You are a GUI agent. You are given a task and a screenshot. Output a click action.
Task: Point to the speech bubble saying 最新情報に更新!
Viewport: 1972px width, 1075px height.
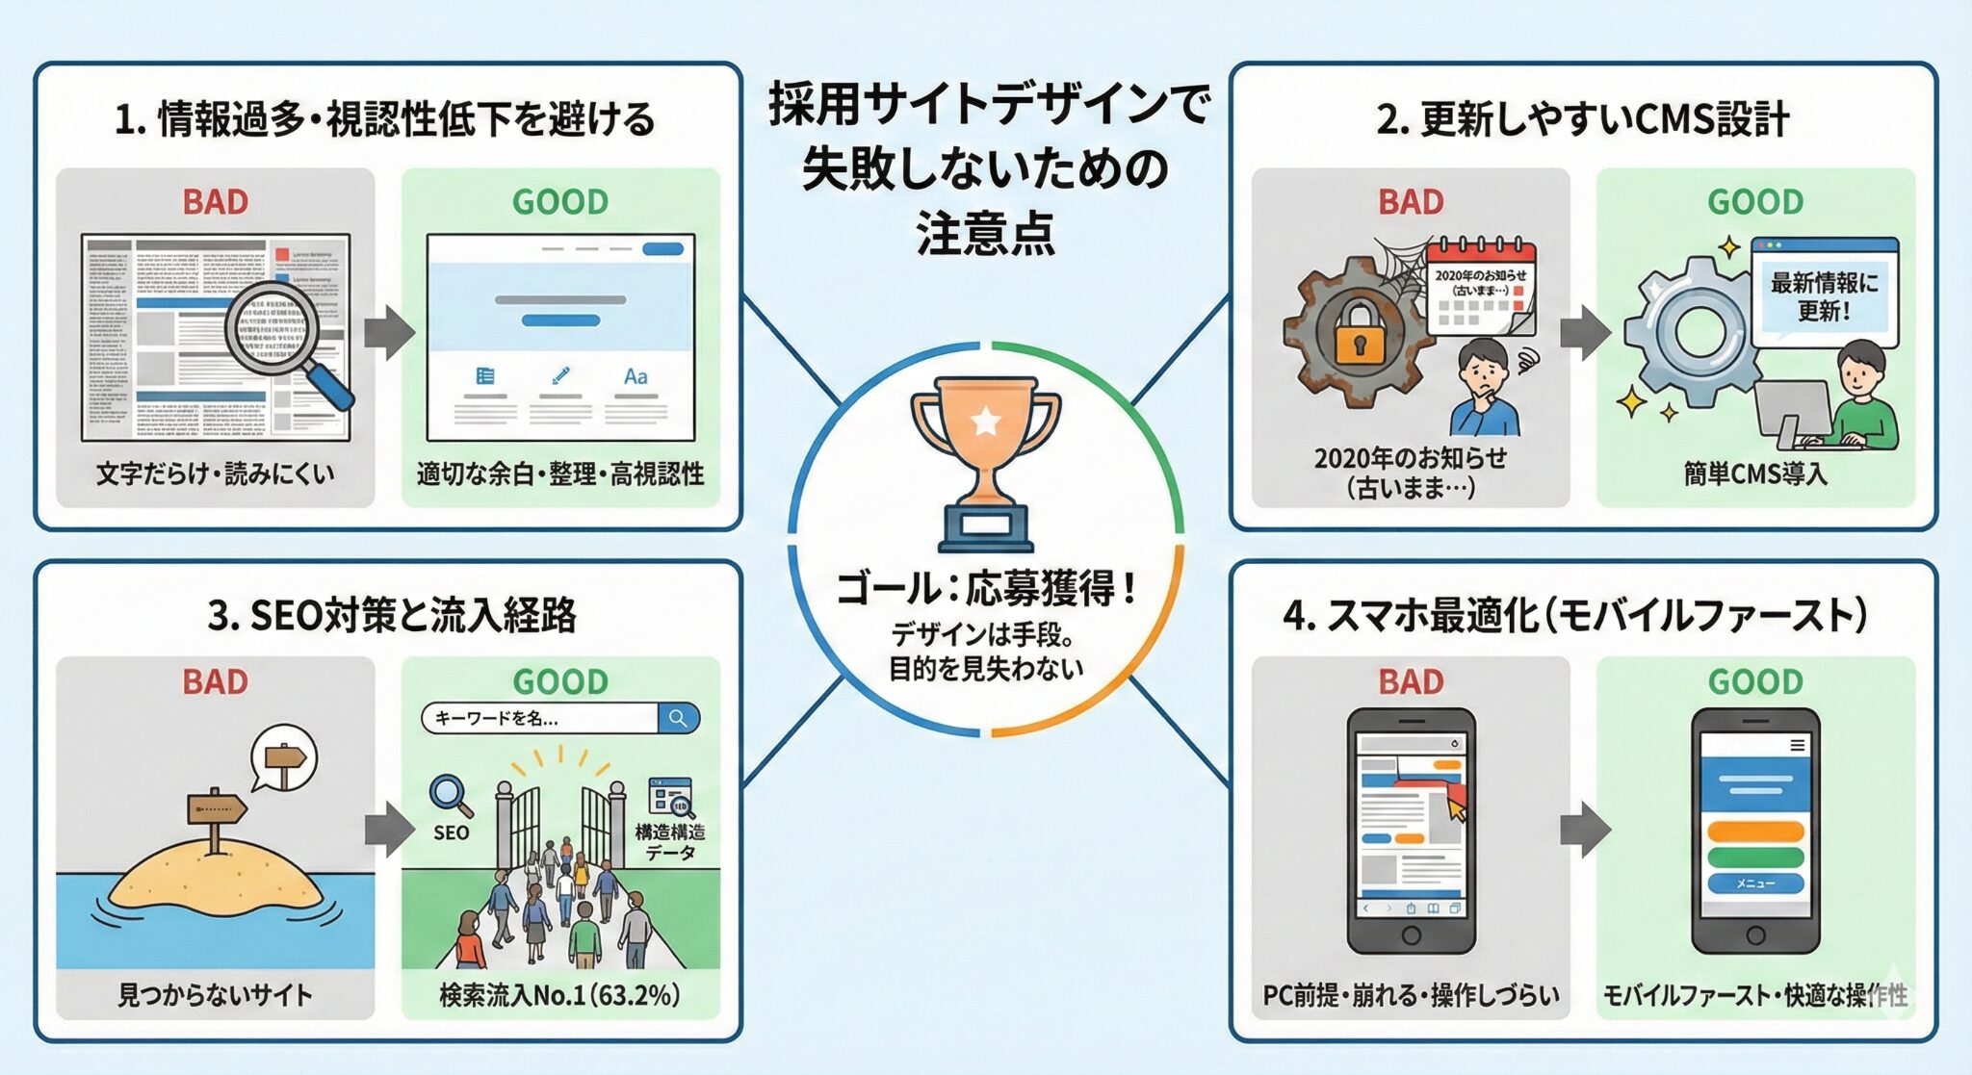[x=1824, y=295]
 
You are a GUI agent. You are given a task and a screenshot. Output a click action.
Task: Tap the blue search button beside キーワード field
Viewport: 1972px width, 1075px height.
[x=679, y=718]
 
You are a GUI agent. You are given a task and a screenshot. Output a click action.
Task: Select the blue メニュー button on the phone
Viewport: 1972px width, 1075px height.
[x=1755, y=883]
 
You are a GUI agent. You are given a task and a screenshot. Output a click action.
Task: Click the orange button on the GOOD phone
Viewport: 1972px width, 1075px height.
[x=1755, y=832]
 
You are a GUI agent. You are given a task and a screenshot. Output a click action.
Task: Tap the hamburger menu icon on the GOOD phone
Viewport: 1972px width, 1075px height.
[x=1797, y=745]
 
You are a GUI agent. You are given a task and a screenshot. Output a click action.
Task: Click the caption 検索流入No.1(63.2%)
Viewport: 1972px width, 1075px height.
[x=559, y=994]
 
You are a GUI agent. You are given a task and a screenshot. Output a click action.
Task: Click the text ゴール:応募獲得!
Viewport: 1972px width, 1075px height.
[x=986, y=588]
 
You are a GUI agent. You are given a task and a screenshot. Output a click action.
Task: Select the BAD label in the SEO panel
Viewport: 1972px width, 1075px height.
[x=216, y=681]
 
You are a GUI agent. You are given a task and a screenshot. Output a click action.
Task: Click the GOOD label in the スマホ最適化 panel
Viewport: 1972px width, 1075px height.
[x=1755, y=681]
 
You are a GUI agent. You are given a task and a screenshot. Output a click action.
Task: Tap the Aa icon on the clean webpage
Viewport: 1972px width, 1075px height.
[x=636, y=376]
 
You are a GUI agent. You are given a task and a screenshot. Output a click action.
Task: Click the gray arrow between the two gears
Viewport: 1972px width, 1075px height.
[x=1585, y=332]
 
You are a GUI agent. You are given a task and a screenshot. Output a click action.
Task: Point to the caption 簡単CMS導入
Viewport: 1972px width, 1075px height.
[x=1754, y=474]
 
